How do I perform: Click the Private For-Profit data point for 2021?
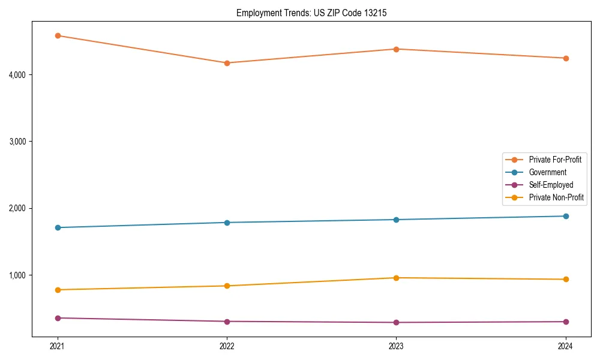58,35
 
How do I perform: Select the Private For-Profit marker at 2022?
227,63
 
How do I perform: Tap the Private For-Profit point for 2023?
396,49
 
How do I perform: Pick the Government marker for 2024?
565,216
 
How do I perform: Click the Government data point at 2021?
58,227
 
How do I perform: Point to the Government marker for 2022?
227,223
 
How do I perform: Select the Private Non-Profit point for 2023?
396,278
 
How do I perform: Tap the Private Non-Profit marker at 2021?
58,290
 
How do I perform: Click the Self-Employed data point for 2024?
565,322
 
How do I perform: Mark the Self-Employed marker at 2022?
227,322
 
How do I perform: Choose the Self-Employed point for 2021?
58,318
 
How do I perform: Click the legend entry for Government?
547,172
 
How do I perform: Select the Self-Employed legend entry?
551,185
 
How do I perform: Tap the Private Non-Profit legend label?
556,197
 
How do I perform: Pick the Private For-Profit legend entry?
555,160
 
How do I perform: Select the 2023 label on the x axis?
396,346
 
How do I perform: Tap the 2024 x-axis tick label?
565,346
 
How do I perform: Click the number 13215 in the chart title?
368,13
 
